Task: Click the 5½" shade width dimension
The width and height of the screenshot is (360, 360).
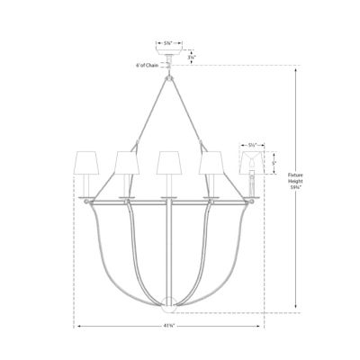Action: (252, 142)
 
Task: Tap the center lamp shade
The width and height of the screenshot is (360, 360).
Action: (168, 163)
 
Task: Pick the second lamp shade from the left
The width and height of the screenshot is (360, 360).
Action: (127, 163)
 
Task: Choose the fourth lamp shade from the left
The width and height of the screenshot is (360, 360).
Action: (210, 163)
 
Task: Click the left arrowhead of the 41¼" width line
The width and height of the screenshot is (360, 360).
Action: (78, 326)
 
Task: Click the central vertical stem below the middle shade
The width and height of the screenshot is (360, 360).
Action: (168, 243)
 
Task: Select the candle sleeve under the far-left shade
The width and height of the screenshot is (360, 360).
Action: (86, 185)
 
